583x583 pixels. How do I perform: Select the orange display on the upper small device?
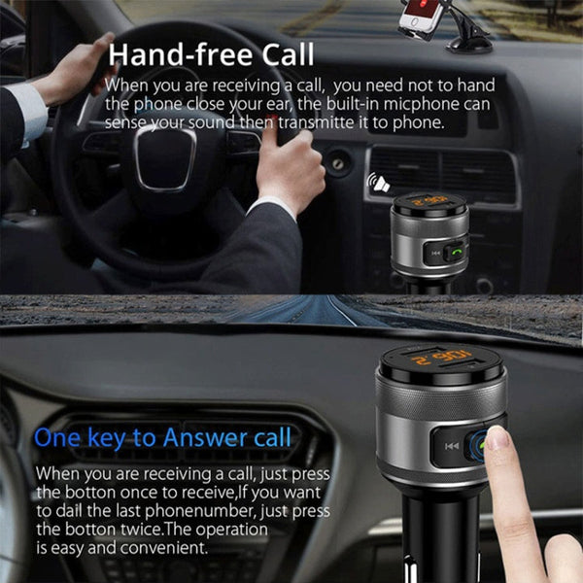coord(429,202)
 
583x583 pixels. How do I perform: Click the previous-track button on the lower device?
coord(451,446)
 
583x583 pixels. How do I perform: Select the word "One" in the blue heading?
coord(57,437)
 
